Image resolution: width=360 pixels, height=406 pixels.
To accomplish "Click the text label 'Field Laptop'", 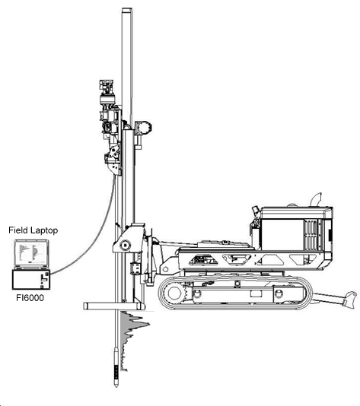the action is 33,230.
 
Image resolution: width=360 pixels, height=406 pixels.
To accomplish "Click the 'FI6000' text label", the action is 30,298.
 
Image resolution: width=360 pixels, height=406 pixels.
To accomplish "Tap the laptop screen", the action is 31,253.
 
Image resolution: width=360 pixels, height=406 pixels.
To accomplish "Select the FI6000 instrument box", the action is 31,279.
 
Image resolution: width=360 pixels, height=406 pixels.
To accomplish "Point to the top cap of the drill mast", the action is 127,10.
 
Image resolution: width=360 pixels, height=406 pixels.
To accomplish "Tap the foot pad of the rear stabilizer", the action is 350,300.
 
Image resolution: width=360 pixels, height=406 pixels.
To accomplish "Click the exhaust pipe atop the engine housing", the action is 316,200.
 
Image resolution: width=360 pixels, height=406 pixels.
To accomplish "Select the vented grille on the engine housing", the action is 312,235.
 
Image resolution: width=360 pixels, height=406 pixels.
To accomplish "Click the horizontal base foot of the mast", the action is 114,306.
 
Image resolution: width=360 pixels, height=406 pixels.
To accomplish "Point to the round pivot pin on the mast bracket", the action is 125,245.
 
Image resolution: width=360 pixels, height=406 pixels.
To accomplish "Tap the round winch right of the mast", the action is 143,128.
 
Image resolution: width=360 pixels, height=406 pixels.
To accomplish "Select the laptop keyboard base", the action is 31,268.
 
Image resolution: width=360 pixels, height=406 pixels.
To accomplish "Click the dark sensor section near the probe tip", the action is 116,373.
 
